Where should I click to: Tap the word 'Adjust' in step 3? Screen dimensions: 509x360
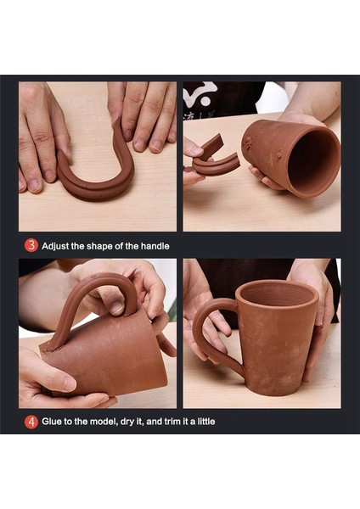[54, 245]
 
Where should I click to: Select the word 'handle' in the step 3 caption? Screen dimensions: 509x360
[153, 245]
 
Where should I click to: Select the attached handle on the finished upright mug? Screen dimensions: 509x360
[205, 331]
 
